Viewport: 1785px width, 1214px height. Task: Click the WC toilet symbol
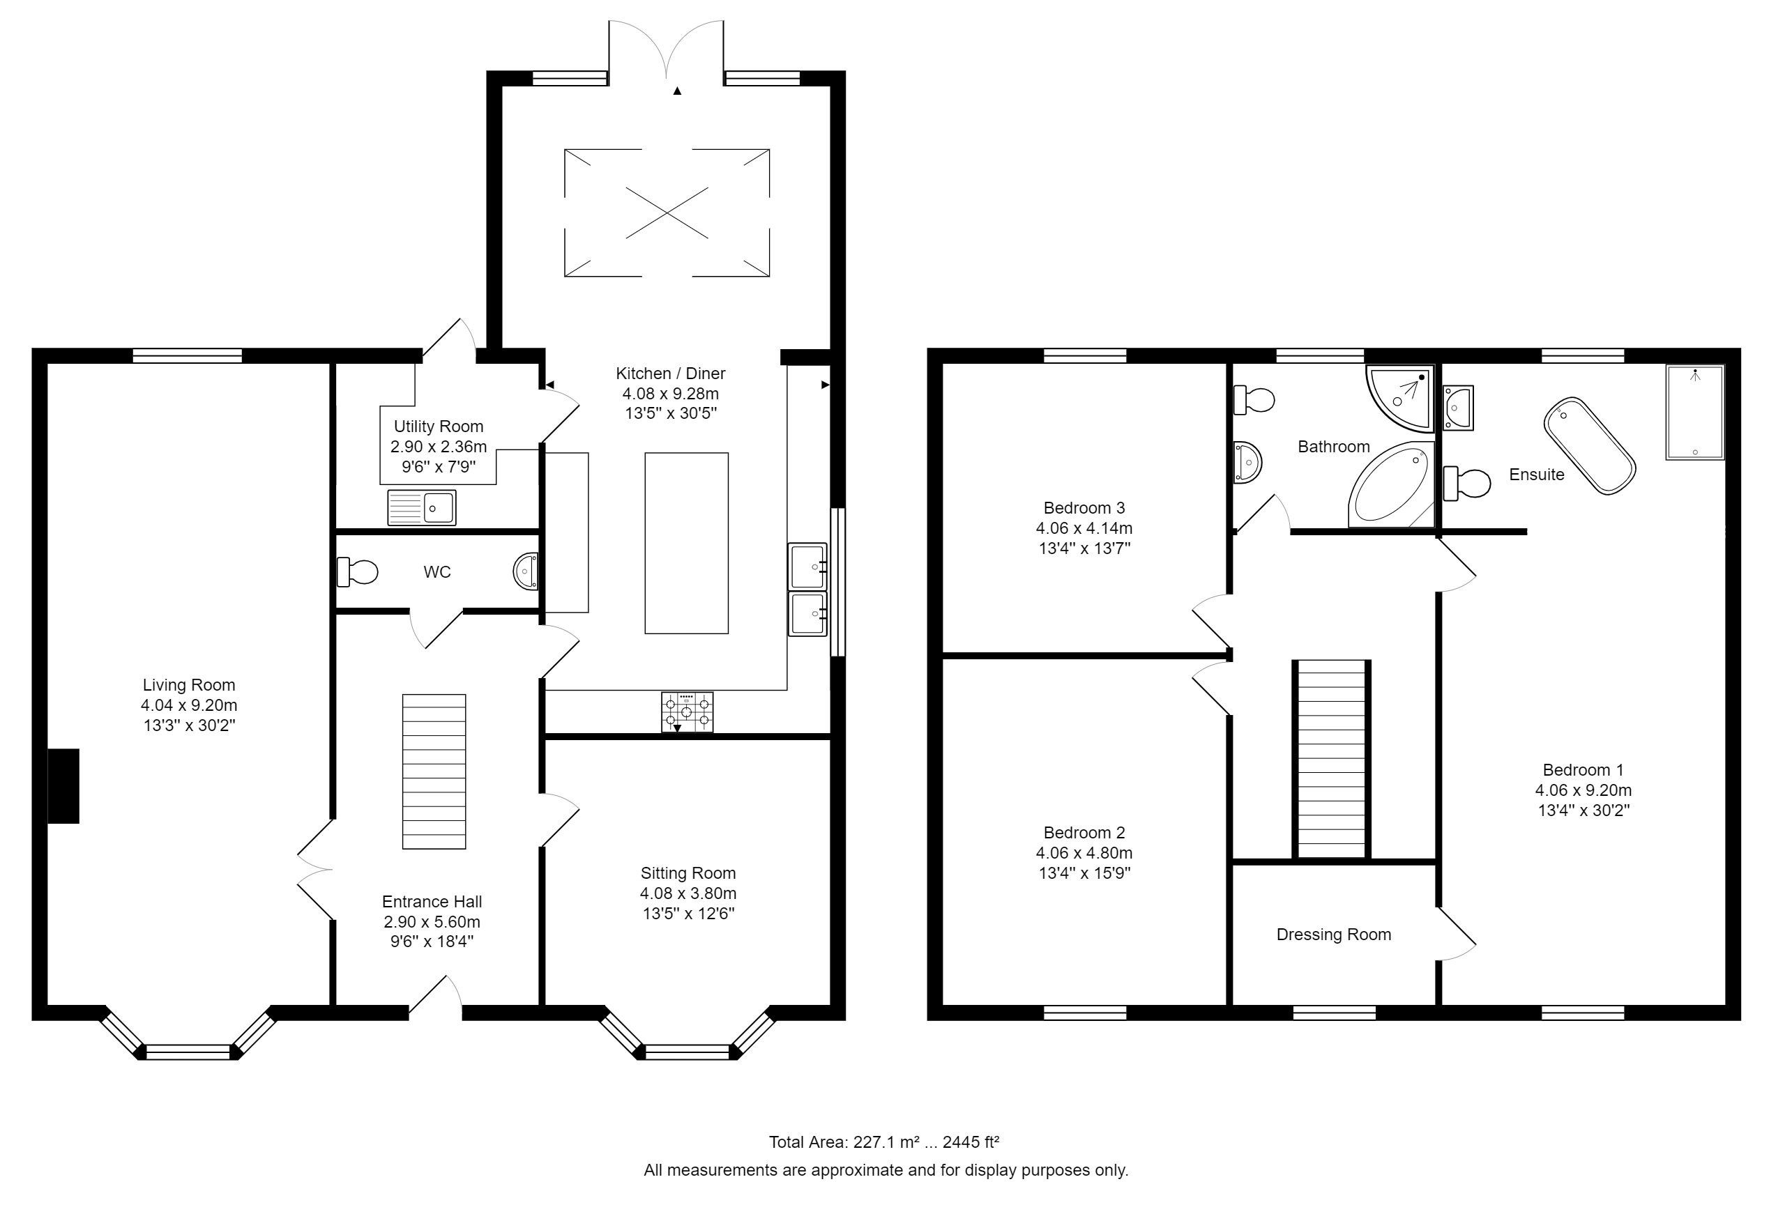(x=358, y=572)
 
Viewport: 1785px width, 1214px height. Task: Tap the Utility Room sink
(x=422, y=507)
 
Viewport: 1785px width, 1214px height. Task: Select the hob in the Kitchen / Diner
(x=687, y=712)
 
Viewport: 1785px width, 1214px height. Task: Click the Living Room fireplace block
(x=63, y=786)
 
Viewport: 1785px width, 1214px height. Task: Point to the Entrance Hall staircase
(x=434, y=771)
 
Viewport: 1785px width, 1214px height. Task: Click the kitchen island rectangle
(x=686, y=543)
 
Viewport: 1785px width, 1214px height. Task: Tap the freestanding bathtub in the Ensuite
(x=1589, y=445)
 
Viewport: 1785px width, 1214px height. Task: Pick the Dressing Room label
(x=1333, y=935)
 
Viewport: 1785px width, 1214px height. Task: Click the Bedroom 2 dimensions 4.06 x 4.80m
(x=1084, y=852)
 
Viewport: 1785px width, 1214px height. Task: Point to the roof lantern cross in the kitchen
(x=667, y=213)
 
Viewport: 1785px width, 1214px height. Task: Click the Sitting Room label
(x=688, y=873)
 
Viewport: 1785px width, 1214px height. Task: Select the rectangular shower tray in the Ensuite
(x=1694, y=413)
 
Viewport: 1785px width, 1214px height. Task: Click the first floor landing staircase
(x=1331, y=759)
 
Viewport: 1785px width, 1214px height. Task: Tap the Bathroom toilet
(x=1254, y=399)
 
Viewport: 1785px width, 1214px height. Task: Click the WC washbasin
(x=527, y=572)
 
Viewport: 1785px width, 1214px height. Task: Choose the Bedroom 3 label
(x=1084, y=507)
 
